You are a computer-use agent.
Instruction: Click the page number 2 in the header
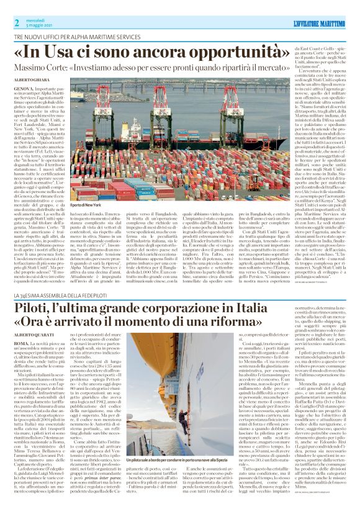pos(16,22)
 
